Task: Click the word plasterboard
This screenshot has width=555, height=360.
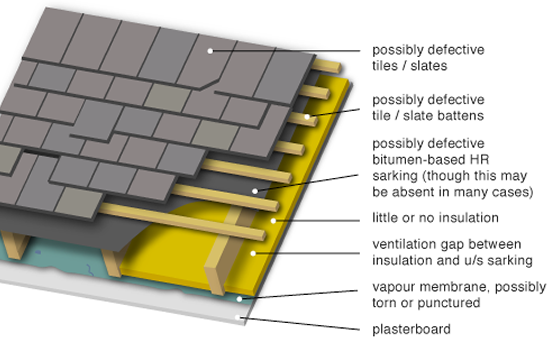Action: coord(411,330)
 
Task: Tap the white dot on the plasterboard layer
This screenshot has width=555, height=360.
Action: coord(238,317)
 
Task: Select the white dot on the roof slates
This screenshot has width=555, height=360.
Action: coord(210,51)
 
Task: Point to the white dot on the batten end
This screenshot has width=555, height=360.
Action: coord(307,116)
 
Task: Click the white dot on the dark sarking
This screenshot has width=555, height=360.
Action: coord(255,191)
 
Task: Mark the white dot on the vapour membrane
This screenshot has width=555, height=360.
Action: coord(239,299)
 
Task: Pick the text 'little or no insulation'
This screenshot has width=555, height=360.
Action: coord(435,218)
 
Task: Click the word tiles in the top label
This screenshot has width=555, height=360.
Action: coord(385,66)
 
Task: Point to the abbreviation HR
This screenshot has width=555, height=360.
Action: coord(479,160)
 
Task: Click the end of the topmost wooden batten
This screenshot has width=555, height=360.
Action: coord(338,68)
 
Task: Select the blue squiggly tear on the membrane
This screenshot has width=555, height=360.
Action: coord(90,270)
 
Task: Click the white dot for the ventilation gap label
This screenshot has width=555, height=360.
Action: coord(253,253)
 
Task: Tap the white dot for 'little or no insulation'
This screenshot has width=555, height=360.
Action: coord(273,221)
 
